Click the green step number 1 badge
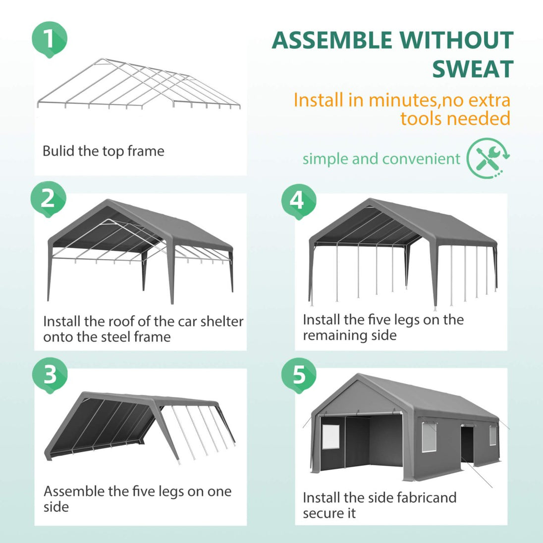(49, 39)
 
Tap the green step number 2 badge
(48, 199)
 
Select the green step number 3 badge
(50, 375)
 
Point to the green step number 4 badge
(298, 202)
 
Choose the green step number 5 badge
(299, 376)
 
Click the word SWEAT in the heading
(473, 69)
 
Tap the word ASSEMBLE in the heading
(332, 40)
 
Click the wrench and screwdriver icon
(489, 158)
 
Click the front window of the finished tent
(331, 436)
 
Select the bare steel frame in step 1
(139, 84)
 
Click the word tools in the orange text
(421, 118)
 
